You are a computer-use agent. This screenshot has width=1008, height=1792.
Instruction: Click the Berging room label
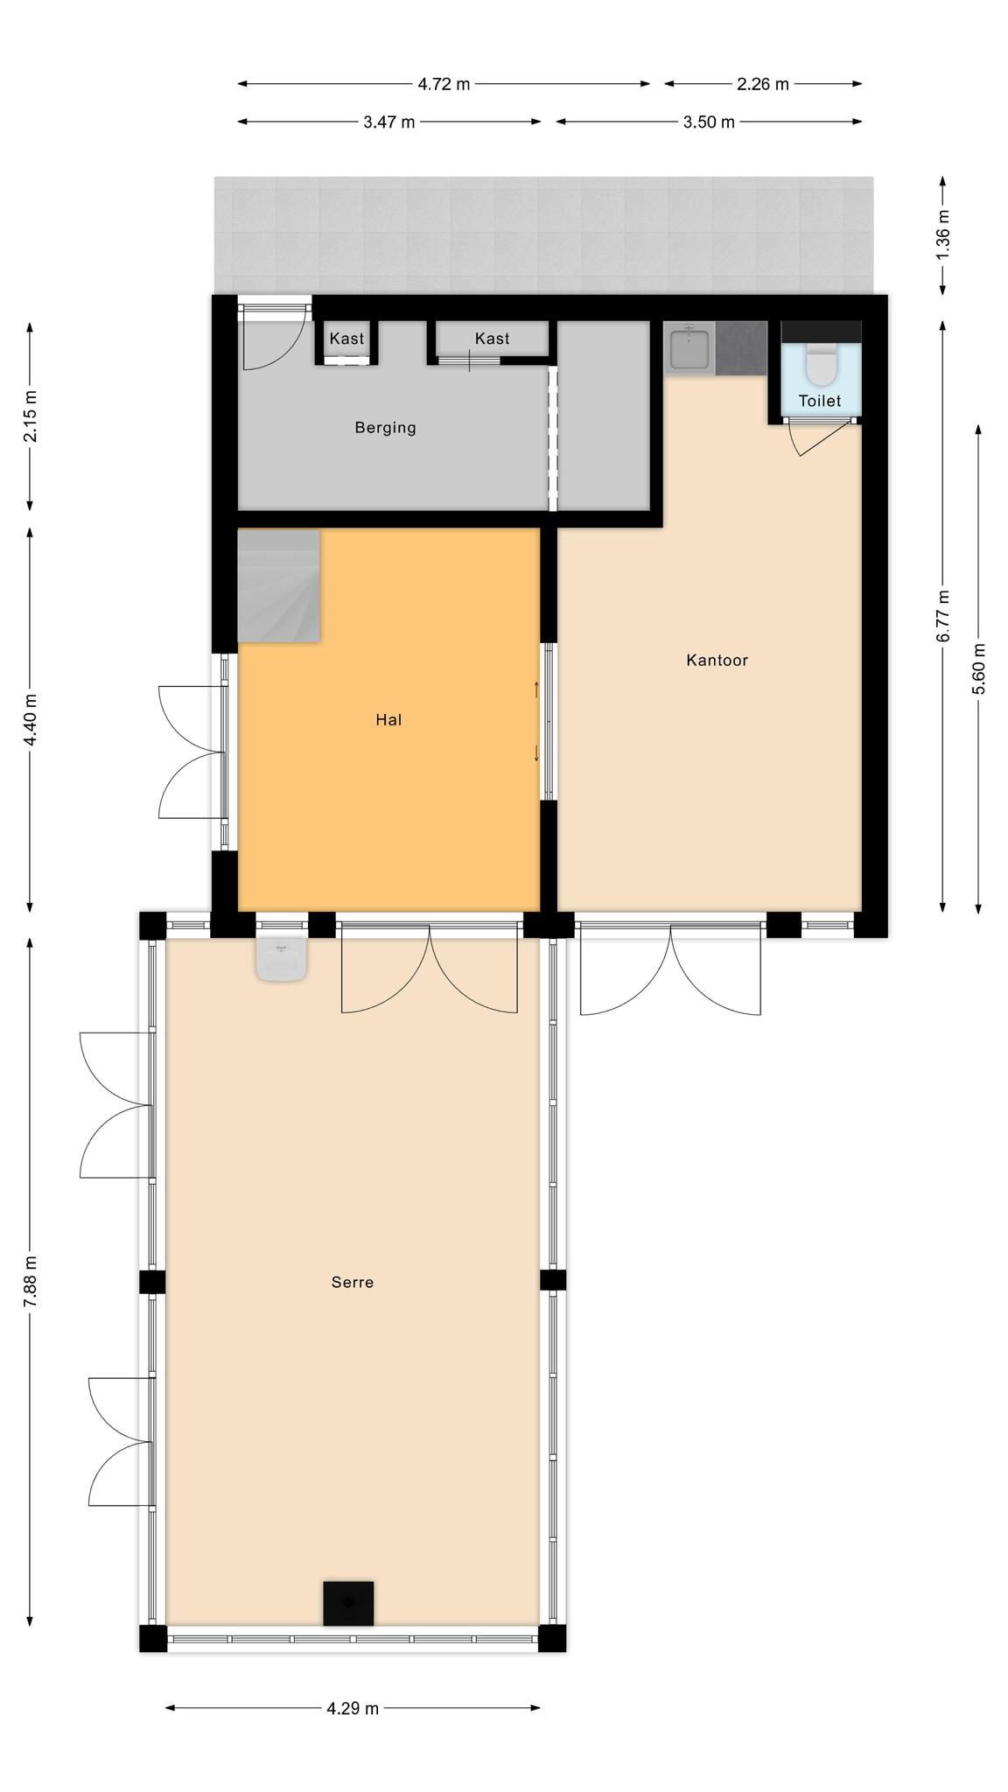(x=385, y=428)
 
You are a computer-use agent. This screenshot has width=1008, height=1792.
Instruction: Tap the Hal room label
(x=388, y=720)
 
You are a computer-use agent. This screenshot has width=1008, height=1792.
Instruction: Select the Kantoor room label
(x=717, y=661)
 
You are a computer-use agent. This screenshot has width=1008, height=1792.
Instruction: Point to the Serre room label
(x=353, y=1283)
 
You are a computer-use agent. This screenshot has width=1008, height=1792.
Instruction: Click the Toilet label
(x=820, y=401)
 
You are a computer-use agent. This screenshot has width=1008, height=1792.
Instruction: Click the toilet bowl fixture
(x=822, y=366)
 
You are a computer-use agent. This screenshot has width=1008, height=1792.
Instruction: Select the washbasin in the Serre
(x=281, y=959)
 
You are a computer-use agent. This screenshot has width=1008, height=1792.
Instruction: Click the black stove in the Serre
(x=348, y=1603)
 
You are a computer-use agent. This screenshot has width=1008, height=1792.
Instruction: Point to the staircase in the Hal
(x=279, y=585)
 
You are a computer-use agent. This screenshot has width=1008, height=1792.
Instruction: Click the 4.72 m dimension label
(x=444, y=84)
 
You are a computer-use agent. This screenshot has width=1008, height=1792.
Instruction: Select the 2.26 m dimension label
(x=763, y=84)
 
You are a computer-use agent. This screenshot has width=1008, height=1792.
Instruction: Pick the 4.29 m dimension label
(x=353, y=1708)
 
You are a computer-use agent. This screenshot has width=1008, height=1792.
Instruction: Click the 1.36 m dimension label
(x=942, y=232)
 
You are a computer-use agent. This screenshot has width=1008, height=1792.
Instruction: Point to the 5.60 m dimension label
(x=978, y=668)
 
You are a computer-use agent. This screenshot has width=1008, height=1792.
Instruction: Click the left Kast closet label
(x=346, y=339)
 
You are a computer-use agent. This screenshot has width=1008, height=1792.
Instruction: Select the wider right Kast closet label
(x=493, y=339)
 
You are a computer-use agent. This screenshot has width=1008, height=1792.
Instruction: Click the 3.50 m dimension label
(x=709, y=122)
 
